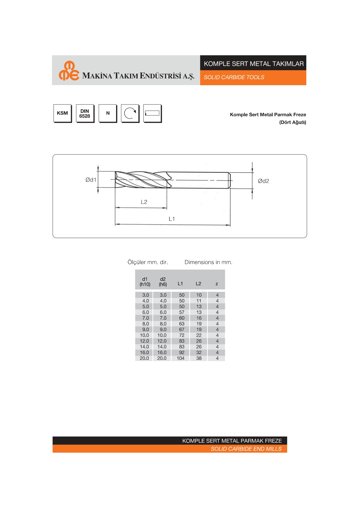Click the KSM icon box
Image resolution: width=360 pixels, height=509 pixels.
click(62, 113)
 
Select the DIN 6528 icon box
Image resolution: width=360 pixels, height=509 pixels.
click(85, 113)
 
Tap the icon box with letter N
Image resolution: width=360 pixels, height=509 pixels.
click(108, 113)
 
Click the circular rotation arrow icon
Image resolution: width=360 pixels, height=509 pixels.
click(130, 113)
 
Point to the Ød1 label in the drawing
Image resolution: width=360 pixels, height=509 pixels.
click(91, 180)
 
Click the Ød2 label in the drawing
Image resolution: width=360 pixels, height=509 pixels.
click(263, 181)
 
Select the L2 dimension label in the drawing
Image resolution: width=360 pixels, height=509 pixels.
click(144, 202)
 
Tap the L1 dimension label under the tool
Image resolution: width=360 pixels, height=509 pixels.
click(172, 219)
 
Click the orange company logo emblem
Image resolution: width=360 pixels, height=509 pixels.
click(69, 70)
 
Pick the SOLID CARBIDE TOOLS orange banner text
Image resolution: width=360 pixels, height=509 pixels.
click(234, 77)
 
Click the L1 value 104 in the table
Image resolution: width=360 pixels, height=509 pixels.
click(180, 358)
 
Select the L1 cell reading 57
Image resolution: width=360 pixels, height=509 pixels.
click(182, 312)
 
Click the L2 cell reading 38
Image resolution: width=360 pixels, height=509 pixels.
click(199, 358)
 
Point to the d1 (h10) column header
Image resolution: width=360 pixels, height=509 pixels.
click(145, 282)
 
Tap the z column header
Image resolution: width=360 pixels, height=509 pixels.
click(217, 284)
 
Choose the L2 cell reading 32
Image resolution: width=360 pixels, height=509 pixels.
click(199, 352)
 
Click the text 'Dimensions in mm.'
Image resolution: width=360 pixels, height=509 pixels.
click(208, 262)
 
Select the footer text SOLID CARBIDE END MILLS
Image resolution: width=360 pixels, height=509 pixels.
click(246, 449)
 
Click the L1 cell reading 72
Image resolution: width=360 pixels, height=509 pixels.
click(182, 335)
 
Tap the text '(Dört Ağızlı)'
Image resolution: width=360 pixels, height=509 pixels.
click(292, 122)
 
